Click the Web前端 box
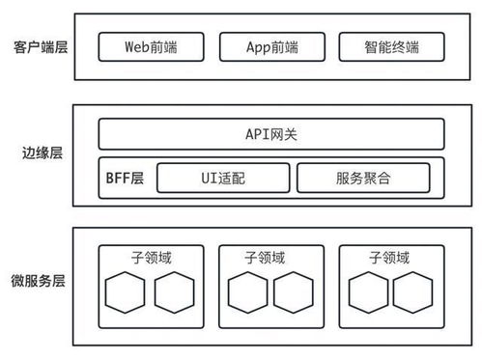point(152,45)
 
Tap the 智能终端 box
point(392,45)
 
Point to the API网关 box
point(271,133)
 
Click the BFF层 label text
point(124,178)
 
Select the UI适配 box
point(222,178)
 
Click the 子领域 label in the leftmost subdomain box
point(153,259)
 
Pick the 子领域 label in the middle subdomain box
point(271,259)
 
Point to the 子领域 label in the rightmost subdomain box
point(391,259)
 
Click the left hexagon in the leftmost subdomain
point(127,293)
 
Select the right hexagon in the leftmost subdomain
point(175,293)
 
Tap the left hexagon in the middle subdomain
point(246,293)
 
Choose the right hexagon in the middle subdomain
point(295,293)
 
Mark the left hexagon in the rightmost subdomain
point(368,293)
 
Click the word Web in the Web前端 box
point(138,45)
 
